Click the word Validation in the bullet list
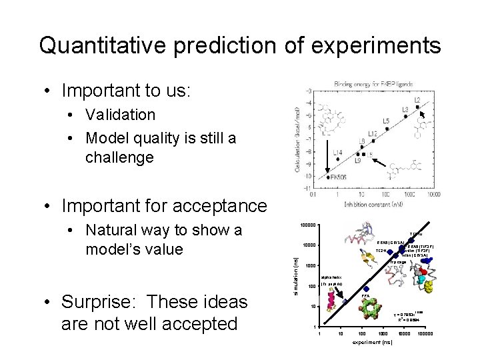[x=119, y=115]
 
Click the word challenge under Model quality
[x=119, y=157]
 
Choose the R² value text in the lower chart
[x=407, y=319]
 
